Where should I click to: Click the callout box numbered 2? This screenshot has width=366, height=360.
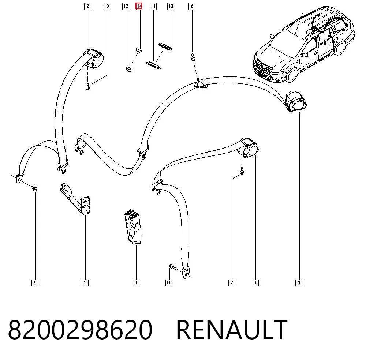(87, 6)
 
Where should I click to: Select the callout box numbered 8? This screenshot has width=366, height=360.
(107, 6)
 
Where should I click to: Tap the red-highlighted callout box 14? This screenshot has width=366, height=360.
(139, 6)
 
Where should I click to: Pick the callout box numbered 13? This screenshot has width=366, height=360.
(171, 6)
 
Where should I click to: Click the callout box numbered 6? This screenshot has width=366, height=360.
(192, 6)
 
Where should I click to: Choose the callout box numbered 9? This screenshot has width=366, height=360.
(35, 283)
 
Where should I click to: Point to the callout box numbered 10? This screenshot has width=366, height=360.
(169, 283)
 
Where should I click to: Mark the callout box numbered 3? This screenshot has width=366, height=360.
(299, 283)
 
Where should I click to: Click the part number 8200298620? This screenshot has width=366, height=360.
(80, 330)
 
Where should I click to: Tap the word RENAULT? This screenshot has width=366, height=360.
(232, 330)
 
